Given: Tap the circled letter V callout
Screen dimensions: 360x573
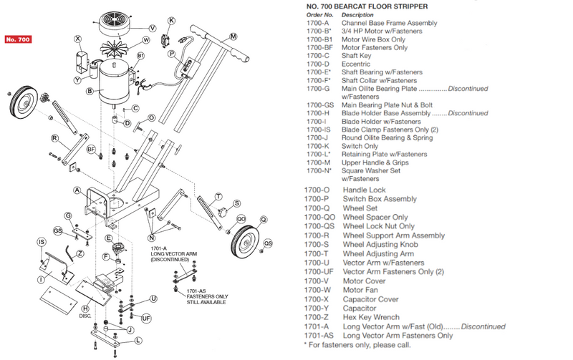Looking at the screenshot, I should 152,49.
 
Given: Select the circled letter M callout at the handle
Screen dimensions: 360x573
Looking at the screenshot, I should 233,36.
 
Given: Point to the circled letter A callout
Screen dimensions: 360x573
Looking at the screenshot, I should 77,190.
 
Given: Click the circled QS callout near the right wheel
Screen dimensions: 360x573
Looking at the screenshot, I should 268,243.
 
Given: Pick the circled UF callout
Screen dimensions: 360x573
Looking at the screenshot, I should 145,317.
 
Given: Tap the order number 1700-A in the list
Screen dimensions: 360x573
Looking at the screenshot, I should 317,23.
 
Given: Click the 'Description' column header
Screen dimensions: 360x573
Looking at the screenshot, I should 357,14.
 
